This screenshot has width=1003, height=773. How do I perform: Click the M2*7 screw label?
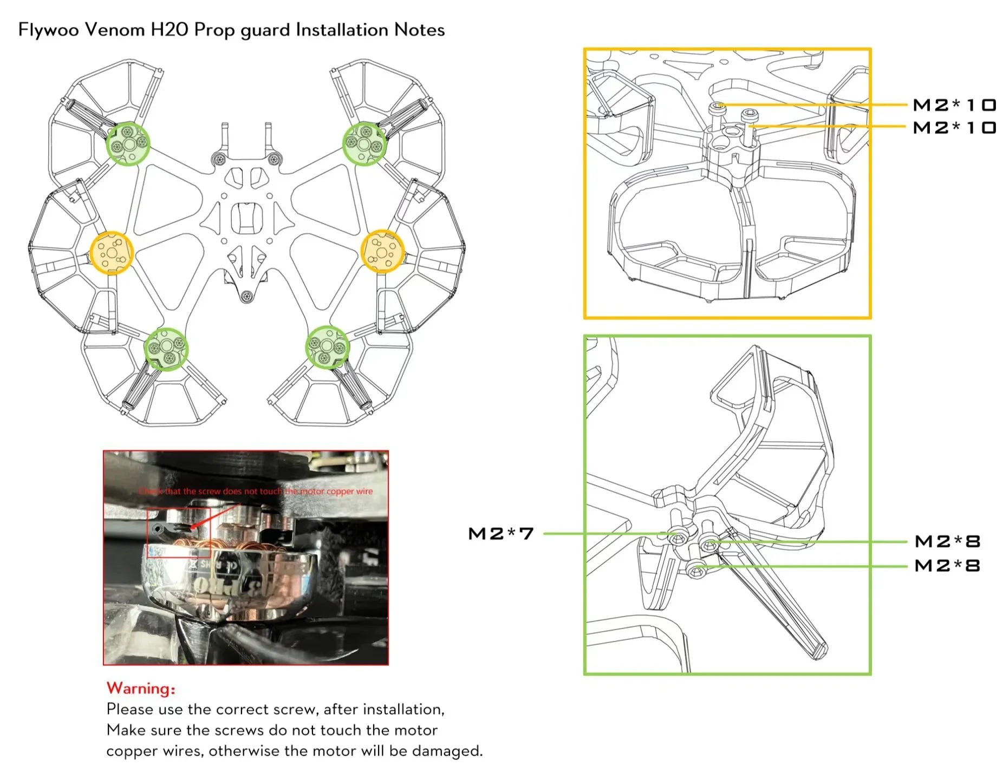click(500, 534)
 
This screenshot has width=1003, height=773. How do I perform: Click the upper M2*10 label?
click(954, 104)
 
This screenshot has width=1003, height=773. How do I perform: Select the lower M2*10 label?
click(954, 128)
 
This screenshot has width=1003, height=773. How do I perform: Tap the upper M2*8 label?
click(947, 541)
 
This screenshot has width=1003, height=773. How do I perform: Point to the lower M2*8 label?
click(947, 566)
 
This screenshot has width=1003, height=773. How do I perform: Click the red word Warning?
click(141, 688)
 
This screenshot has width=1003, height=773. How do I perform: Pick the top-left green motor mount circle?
click(128, 143)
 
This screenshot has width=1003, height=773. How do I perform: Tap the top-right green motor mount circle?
click(364, 143)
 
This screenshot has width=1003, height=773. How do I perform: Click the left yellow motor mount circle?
click(112, 253)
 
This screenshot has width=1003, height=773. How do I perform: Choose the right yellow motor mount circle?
click(382, 251)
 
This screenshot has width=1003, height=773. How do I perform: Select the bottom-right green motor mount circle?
click(327, 348)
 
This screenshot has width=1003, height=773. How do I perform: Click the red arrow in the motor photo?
click(206, 517)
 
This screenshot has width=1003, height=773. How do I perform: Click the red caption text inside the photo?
click(256, 492)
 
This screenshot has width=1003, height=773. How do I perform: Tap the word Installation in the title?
click(342, 30)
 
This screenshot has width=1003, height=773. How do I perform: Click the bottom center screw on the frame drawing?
click(246, 296)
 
